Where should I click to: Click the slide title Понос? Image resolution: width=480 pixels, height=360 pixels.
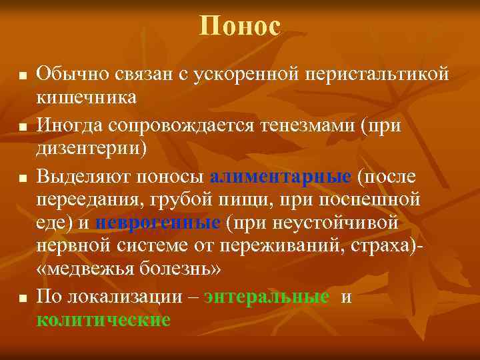[x=240, y=26]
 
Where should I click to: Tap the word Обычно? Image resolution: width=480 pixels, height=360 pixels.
[x=69, y=73]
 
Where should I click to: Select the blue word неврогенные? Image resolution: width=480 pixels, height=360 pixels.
[x=158, y=222]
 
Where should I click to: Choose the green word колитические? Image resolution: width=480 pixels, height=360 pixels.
[x=103, y=320]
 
